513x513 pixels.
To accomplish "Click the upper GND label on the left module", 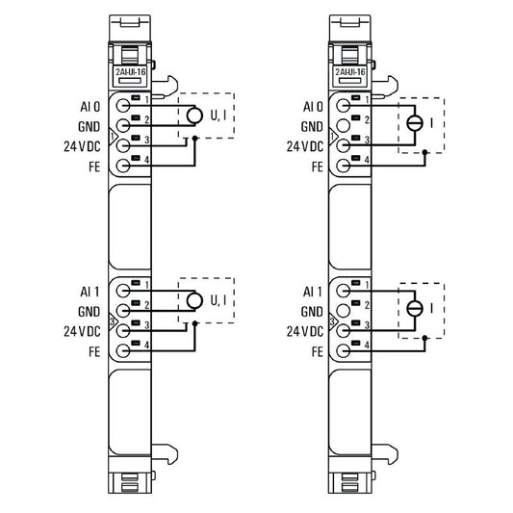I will coord(88,125).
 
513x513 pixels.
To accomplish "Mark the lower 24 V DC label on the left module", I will coord(83,331).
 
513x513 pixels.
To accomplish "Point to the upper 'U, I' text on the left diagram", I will coord(219,115).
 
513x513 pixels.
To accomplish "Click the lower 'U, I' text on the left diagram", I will coord(219,300).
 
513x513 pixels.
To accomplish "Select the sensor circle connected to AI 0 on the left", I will coord(193,115).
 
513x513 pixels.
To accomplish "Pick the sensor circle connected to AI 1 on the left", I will coord(193,300).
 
